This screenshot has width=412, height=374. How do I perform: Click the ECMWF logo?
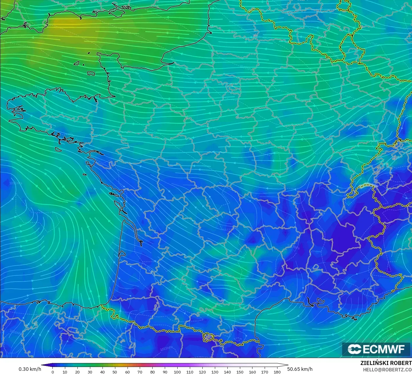pos(376,349)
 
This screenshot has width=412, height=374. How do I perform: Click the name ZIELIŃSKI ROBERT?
pos(386,363)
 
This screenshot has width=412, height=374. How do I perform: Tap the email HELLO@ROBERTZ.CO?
pos(387,369)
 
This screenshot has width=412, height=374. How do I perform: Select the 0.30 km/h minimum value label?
pos(30,369)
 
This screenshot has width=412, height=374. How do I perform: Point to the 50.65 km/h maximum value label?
pos(300,369)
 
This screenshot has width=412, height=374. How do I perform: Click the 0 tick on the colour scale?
pos(52,372)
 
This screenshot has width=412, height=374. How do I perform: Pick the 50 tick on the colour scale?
pos(115,372)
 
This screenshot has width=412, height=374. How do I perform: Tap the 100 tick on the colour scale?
pos(177,372)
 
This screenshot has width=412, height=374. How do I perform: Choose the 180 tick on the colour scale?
pos(277,372)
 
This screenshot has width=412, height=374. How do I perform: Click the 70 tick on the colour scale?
pos(140,372)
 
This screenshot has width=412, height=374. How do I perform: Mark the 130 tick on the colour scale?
pos(215,372)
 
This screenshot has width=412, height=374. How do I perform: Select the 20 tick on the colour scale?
pos(77,372)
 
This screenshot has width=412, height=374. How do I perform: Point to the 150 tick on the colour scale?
pos(240,372)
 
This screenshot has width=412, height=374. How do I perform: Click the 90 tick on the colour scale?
pos(165,372)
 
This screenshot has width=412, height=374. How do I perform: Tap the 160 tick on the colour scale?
pos(252,372)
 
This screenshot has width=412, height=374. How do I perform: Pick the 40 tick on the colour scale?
pos(102,372)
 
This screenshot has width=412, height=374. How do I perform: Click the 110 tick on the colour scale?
pos(190,372)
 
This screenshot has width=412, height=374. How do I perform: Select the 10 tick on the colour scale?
pos(65,372)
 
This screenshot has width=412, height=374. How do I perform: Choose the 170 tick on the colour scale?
pos(265,372)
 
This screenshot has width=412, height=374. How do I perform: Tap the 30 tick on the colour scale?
pos(90,372)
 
